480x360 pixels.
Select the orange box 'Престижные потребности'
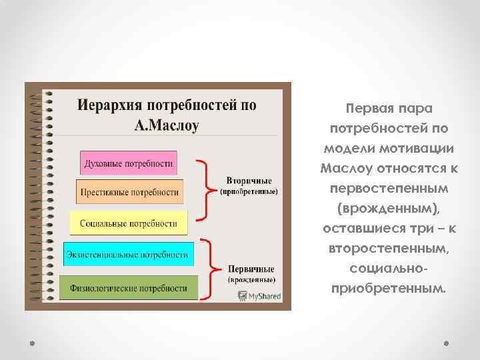129,192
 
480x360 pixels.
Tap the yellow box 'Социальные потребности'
129,223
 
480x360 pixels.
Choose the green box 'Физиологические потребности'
129,288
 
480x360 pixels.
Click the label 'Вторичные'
249,181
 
